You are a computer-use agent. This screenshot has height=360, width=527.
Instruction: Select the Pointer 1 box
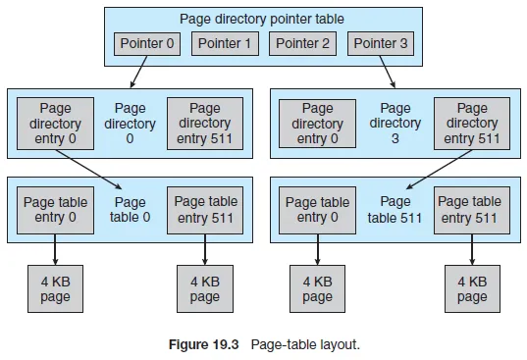click(225, 43)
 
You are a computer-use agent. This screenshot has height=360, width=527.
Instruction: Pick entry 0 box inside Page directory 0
click(55, 124)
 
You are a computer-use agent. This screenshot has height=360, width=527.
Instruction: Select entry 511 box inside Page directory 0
click(205, 124)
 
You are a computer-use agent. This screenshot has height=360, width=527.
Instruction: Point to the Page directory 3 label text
click(395, 124)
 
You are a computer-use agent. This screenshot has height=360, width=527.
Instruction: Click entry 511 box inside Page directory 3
click(471, 124)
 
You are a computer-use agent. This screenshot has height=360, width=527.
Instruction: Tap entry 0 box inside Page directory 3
click(318, 124)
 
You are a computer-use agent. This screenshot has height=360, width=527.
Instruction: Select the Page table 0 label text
click(131, 209)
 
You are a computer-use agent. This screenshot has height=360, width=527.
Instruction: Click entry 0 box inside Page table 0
click(55, 209)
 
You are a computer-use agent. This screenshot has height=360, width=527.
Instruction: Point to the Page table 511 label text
click(395, 209)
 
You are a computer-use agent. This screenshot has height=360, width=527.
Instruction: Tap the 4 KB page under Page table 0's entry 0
click(55, 289)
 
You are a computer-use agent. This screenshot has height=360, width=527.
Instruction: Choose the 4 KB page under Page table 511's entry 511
click(471, 289)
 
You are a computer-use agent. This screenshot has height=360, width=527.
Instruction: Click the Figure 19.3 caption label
click(206, 344)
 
